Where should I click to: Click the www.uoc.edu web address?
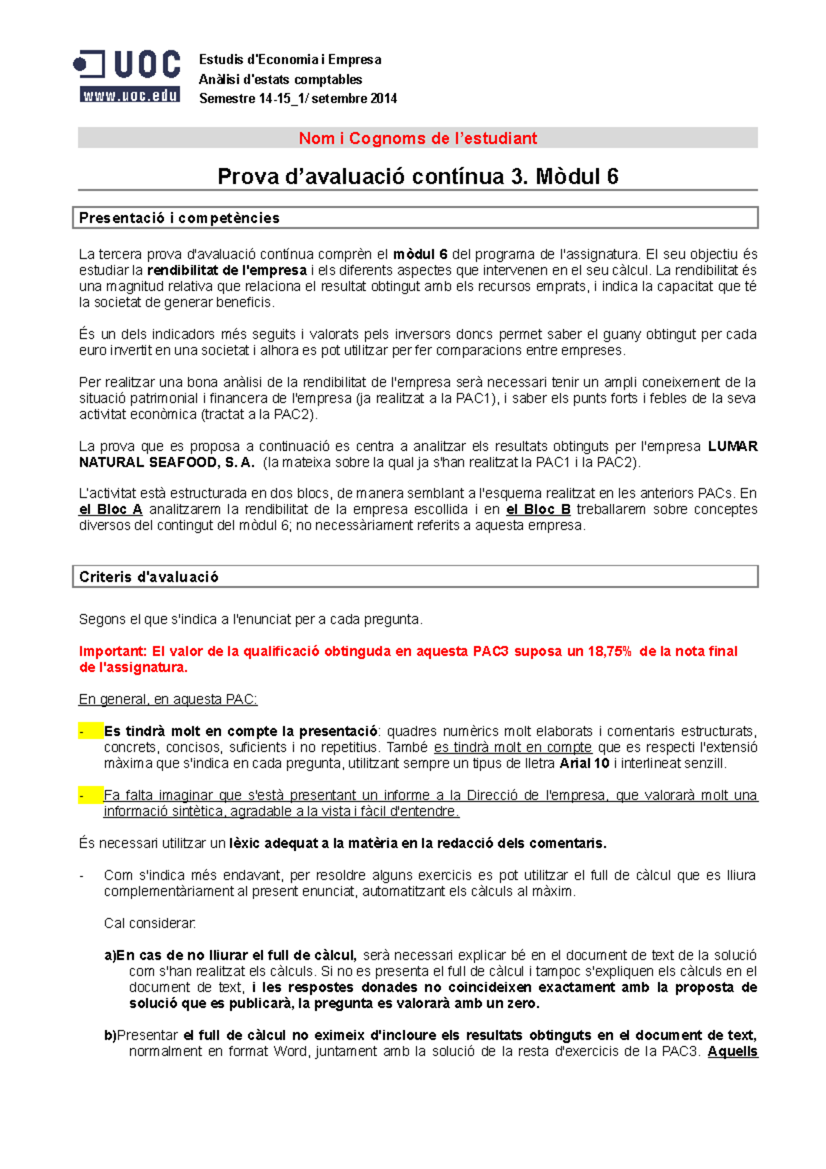pos(130,96)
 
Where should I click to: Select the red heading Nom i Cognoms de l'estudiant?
pos(417,138)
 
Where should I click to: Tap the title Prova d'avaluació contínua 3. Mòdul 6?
pos(417,177)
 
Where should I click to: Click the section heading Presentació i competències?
pos(179,218)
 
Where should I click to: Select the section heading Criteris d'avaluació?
pos(149,577)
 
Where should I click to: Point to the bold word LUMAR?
pos(732,446)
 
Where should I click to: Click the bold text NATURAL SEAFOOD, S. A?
pos(167,463)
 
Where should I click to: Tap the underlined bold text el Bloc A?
pos(110,509)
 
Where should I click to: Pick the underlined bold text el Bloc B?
pos(538,509)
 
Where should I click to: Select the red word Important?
pos(113,651)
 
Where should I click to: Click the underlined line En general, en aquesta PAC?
pos(168,699)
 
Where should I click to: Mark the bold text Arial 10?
pos(584,763)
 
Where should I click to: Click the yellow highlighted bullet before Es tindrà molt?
pos(89,731)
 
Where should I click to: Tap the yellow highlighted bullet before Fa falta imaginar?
pos(89,795)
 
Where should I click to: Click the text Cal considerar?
pos(150,923)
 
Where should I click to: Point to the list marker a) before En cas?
pos(110,956)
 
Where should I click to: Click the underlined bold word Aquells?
pos(732,1051)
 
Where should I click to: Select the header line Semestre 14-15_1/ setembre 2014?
pos(297,98)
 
